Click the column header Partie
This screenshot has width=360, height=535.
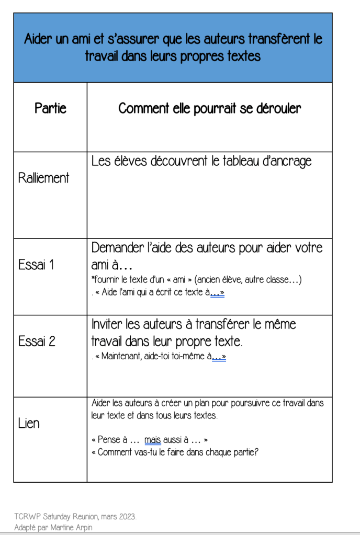(50, 108)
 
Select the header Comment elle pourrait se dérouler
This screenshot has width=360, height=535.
(209, 108)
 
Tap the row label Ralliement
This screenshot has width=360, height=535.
(43, 178)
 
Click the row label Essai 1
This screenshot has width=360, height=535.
(36, 265)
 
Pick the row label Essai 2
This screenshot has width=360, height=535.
(37, 342)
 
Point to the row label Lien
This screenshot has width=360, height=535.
(29, 423)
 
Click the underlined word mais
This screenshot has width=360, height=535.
(153, 440)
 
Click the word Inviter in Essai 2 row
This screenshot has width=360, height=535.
(107, 324)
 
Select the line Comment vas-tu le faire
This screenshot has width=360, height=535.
(175, 452)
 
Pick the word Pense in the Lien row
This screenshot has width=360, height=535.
(109, 440)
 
